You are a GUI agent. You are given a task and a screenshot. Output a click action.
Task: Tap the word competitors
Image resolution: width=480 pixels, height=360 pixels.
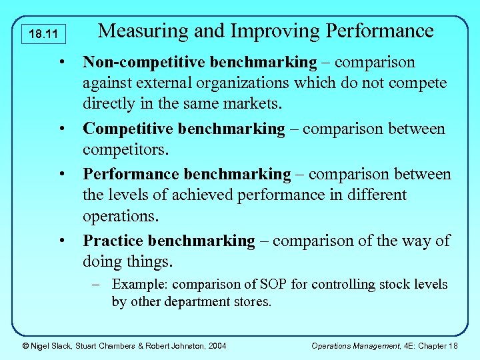121,149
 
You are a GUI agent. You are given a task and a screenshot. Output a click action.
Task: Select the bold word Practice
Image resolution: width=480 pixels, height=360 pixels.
113,241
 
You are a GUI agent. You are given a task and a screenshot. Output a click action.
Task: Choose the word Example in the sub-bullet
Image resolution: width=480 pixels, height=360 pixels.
139,285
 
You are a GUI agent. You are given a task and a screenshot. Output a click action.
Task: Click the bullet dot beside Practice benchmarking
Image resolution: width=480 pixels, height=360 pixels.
61,241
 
